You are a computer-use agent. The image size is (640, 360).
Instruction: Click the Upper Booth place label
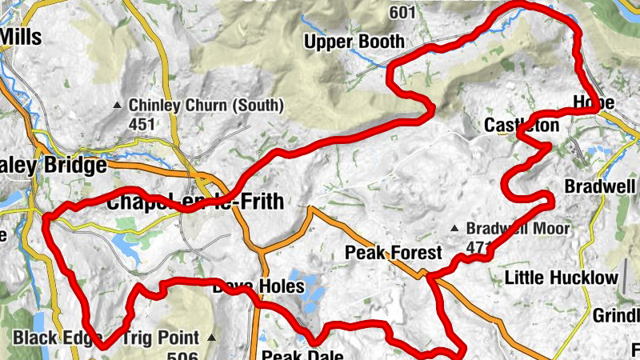[354, 41]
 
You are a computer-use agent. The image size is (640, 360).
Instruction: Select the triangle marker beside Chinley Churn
[118, 105]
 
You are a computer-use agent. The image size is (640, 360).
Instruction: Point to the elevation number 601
[403, 12]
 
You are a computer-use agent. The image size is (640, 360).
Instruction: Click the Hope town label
[594, 103]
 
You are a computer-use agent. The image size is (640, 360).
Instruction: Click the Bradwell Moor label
[518, 229]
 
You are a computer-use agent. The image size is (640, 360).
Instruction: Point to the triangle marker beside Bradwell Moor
[455, 229]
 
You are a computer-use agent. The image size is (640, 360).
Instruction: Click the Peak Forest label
[393, 253]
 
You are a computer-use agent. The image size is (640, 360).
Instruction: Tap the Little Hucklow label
[562, 278]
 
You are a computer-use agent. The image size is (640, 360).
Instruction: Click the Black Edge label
[46, 337]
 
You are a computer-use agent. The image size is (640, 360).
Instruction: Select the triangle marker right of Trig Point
[211, 337]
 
